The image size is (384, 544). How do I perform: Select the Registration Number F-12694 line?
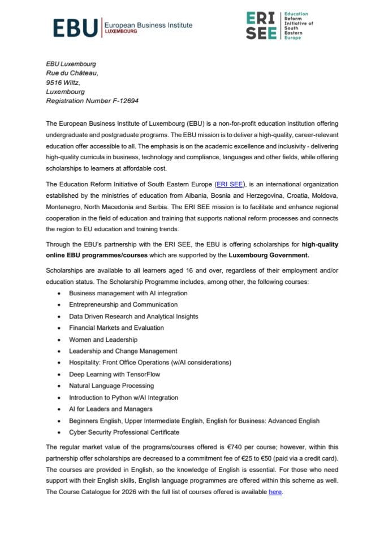point(92,101)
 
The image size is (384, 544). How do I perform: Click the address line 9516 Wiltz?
point(62,82)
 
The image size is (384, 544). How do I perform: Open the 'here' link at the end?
point(275,492)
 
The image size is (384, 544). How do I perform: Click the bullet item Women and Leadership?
point(103,339)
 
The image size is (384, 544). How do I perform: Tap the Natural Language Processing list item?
point(115,386)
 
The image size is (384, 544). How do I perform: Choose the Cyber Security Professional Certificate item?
point(127,432)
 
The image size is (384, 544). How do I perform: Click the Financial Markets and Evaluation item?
point(116,328)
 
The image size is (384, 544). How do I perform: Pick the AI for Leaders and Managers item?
point(110,409)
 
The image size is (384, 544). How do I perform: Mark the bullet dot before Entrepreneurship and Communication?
point(60,305)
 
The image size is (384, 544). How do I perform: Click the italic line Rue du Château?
point(72,73)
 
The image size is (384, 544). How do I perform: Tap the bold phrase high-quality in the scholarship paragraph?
point(321,244)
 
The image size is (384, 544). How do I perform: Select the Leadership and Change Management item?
point(123,351)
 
